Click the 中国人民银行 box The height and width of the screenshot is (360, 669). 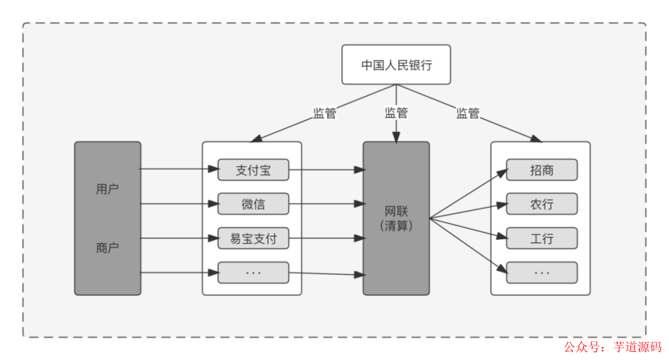(x=396, y=64)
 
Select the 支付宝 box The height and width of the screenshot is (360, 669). (x=253, y=170)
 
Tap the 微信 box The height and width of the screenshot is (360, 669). (x=253, y=204)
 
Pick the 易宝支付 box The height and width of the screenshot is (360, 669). (x=253, y=239)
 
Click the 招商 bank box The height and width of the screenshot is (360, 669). (x=541, y=170)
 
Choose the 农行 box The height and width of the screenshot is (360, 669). (x=541, y=204)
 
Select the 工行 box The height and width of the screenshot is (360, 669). (x=541, y=239)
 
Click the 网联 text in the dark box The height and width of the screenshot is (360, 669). (x=396, y=211)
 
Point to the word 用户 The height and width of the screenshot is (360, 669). (x=107, y=189)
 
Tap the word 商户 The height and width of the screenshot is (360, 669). (x=107, y=248)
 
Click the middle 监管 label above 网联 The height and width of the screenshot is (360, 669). (x=396, y=113)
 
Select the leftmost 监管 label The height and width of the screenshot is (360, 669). (x=325, y=113)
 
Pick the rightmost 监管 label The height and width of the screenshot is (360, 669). (x=468, y=113)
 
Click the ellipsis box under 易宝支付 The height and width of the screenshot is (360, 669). (x=253, y=273)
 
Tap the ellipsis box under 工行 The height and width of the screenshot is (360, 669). (x=541, y=273)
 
